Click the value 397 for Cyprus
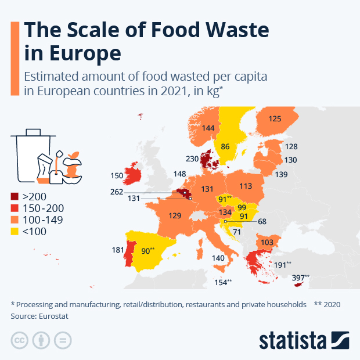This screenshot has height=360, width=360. pos(300,278)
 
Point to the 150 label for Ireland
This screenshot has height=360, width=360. pos(117,175)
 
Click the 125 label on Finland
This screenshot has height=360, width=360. pos(275,119)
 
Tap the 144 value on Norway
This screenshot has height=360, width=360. pos(208,127)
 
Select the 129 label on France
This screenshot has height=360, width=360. pos(175,215)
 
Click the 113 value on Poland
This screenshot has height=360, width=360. pos(246,186)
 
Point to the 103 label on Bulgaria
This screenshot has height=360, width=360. pos(267,242)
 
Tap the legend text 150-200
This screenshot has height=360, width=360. pos(42,208)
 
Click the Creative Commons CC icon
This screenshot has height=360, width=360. pos(20,340)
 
